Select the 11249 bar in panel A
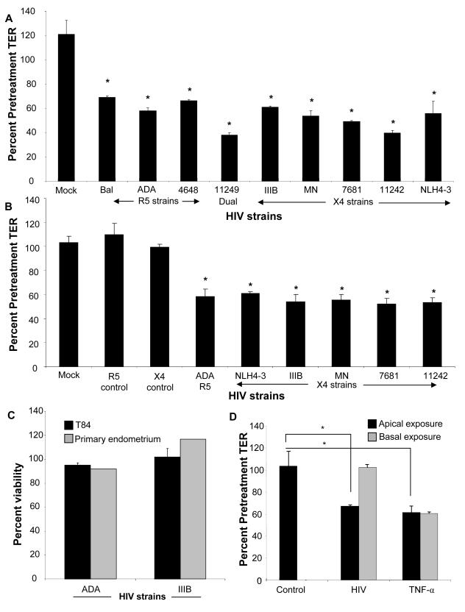(x=230, y=157)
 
